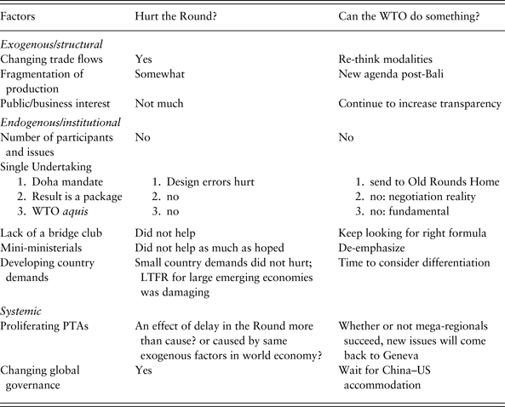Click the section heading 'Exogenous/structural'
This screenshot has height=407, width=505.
click(x=50, y=43)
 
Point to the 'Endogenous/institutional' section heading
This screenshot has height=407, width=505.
click(x=60, y=122)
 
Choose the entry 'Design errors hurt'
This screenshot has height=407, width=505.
click(x=210, y=181)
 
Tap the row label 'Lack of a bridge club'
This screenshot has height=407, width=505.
click(x=56, y=232)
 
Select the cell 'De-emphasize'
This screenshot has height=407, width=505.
click(x=372, y=248)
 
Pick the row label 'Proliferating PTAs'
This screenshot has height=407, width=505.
click(x=49, y=326)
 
